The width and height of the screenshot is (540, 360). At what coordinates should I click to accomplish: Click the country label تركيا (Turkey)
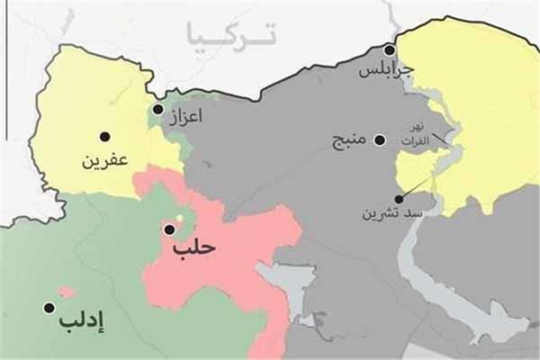pos(230,35)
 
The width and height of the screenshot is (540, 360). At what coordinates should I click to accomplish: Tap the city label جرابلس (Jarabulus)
pos(385,69)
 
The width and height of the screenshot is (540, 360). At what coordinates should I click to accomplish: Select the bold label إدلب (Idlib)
pos(82,319)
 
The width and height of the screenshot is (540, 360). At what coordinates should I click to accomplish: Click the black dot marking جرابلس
pos(390,50)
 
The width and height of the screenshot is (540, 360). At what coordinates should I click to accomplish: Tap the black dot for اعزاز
pos(157,109)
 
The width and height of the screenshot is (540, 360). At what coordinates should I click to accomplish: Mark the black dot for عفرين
pos(105,137)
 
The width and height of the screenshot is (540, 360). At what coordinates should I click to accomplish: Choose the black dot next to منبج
pos(380,140)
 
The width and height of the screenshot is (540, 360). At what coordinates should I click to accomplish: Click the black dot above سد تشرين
pos(399,199)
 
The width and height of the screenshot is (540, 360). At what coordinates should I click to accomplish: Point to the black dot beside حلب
pos(169,229)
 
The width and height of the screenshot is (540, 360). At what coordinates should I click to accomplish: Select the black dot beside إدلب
pos(49,307)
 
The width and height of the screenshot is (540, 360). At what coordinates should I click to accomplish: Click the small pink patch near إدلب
pos(65,292)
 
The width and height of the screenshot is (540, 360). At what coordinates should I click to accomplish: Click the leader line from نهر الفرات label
pos(442,139)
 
